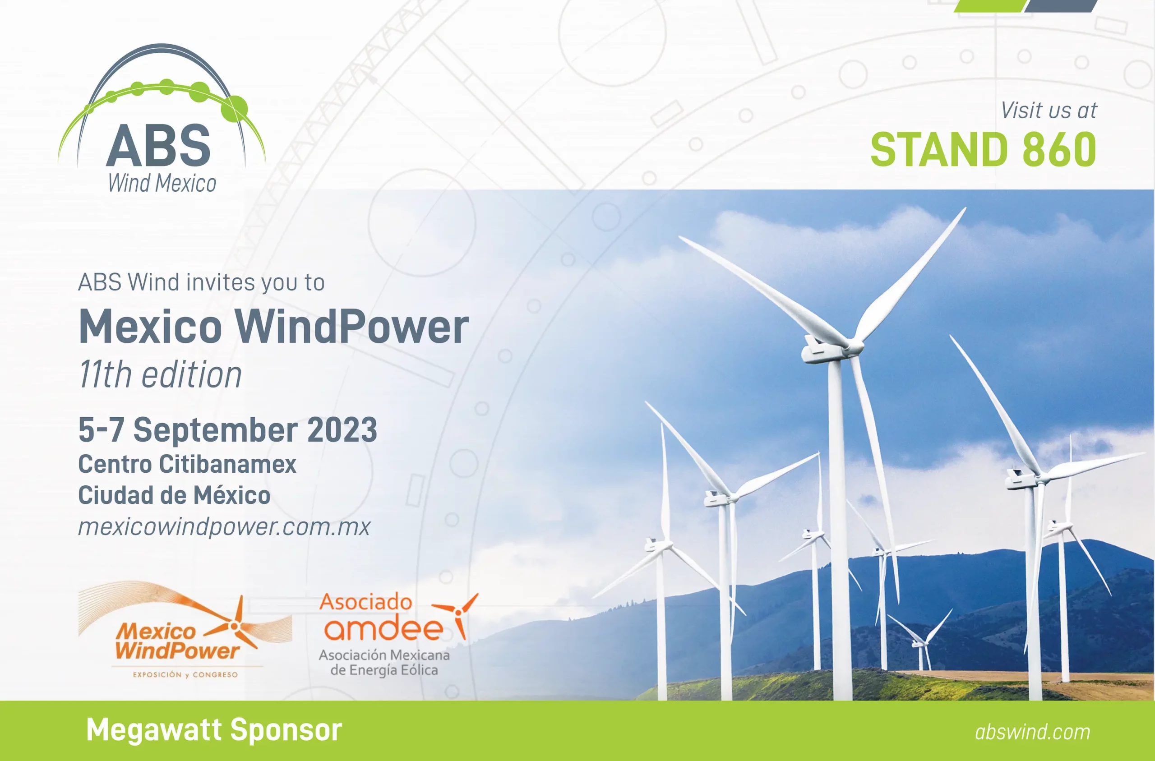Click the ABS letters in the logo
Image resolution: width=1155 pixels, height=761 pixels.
click(158, 145)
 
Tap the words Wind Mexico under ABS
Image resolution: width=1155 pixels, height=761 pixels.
click(162, 184)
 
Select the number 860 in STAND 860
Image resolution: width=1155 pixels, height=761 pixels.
click(1059, 149)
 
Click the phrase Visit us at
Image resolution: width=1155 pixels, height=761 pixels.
click(1049, 111)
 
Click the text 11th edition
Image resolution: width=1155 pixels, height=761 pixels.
click(160, 375)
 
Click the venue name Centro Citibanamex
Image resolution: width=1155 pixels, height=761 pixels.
click(187, 464)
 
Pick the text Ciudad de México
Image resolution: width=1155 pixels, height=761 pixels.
click(174, 495)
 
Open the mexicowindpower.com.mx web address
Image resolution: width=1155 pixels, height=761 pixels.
click(224, 526)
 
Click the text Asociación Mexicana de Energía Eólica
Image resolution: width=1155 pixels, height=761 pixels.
click(384, 663)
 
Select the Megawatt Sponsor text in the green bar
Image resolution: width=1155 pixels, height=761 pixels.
click(214, 729)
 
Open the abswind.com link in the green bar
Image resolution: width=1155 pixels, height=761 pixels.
click(1033, 732)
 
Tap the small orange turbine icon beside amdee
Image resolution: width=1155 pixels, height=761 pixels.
click(456, 614)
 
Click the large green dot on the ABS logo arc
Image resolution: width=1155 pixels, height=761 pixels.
click(237, 108)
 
